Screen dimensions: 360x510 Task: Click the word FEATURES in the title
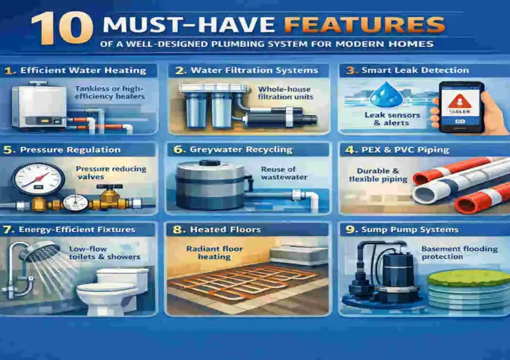[382, 24]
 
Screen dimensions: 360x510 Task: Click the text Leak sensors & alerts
[392, 119]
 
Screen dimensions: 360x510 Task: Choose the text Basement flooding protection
[459, 253]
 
